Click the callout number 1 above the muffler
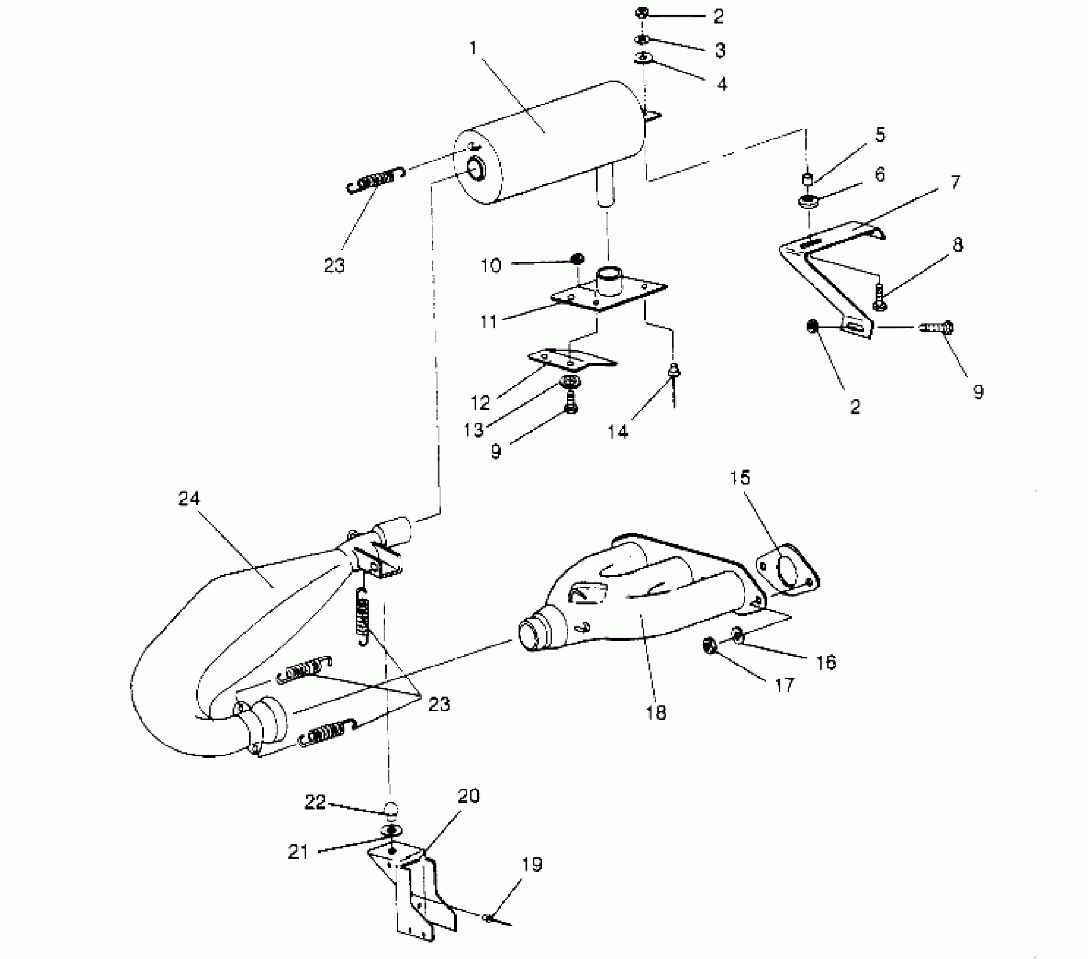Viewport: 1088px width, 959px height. click(x=473, y=48)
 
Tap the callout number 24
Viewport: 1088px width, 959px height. click(x=189, y=499)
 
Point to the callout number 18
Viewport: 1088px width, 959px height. click(x=655, y=713)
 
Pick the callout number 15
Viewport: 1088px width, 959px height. click(x=740, y=478)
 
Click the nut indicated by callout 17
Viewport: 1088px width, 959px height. click(x=710, y=645)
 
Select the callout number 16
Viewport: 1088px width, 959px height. click(x=826, y=662)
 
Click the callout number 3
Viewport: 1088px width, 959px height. click(x=720, y=50)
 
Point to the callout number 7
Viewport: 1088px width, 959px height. click(x=955, y=183)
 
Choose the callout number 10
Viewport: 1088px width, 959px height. click(x=491, y=265)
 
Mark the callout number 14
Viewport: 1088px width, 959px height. click(x=618, y=432)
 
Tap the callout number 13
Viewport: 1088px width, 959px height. click(x=474, y=430)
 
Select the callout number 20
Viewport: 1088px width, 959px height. click(x=468, y=797)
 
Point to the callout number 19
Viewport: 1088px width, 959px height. click(x=532, y=865)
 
